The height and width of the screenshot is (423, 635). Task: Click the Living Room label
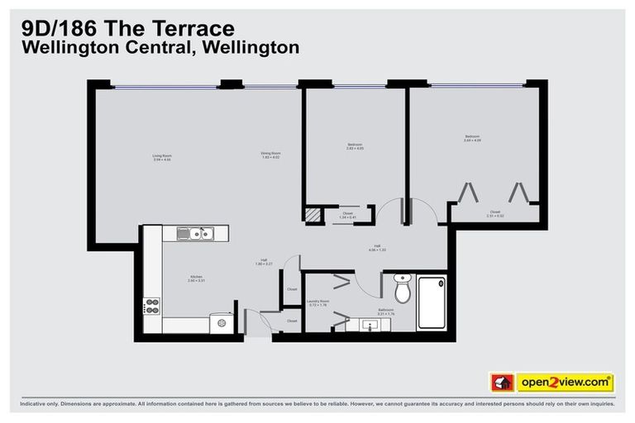[162, 157]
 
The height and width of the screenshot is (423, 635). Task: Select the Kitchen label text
[196, 278]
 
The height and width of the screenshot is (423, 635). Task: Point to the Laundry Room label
[317, 303]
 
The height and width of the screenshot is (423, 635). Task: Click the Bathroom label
[385, 312]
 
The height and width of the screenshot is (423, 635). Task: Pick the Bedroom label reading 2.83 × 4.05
[355, 147]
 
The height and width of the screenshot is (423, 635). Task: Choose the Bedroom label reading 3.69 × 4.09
[472, 138]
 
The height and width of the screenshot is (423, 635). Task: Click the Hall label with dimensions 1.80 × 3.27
[264, 263]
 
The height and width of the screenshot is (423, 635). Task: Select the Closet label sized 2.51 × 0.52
[494, 213]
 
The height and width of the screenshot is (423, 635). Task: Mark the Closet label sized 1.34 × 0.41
[348, 215]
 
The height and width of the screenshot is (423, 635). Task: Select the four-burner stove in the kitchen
[152, 307]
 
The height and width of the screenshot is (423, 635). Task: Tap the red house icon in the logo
[500, 383]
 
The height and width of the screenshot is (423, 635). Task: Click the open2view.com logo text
[565, 383]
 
